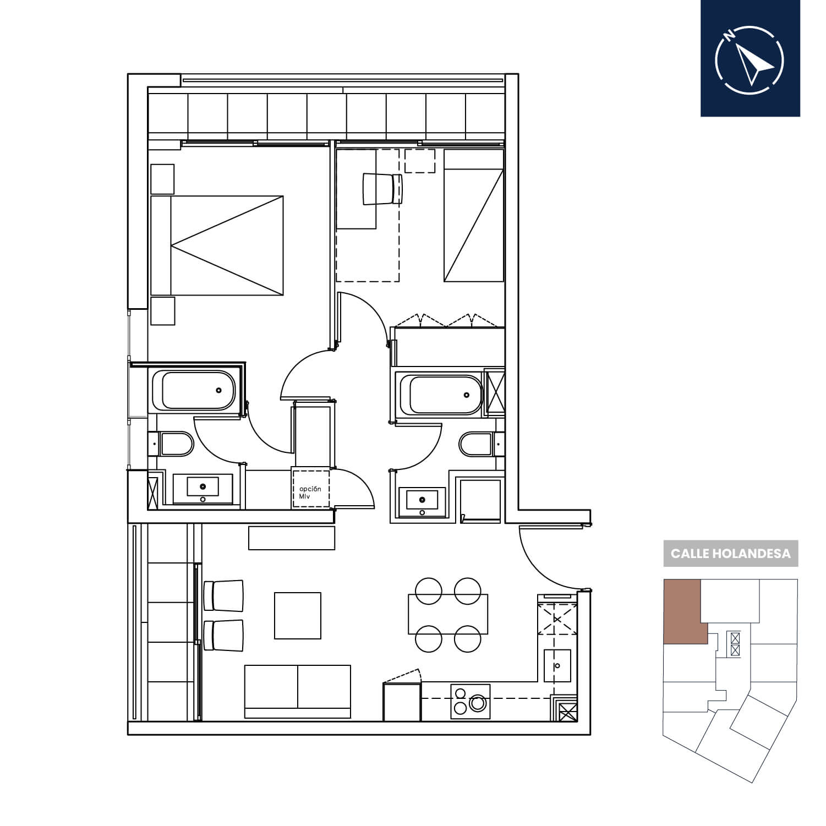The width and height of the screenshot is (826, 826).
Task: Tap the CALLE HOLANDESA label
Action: point(730,554)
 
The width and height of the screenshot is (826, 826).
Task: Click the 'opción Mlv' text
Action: point(310,493)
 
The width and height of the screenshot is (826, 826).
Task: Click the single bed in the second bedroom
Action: point(474,216)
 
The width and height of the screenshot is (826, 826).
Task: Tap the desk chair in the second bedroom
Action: point(382,189)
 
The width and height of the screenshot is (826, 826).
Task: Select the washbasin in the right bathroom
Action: point(422,500)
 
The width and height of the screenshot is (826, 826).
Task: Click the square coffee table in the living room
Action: point(298,615)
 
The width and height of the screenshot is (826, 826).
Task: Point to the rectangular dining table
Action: point(448,614)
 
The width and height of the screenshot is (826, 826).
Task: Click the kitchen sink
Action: point(557,666)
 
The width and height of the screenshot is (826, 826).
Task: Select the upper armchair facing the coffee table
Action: point(223,595)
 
